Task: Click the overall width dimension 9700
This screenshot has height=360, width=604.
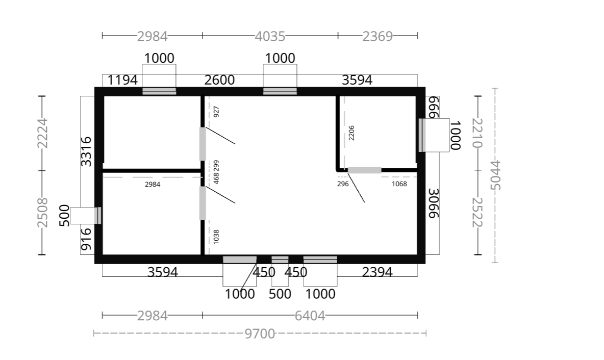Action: point(260,333)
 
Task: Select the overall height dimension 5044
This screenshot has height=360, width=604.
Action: point(495,175)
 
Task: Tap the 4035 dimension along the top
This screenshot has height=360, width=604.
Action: point(270,36)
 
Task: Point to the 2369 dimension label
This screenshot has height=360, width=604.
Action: point(377,36)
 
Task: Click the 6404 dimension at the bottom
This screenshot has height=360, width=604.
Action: point(310,316)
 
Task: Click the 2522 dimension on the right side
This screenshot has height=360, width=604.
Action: point(477,213)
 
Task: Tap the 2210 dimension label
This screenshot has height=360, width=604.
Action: point(477,133)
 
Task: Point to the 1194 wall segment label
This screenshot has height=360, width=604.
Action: point(122,80)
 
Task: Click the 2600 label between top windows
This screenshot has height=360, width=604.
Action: point(219,80)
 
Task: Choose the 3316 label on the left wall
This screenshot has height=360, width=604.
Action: point(86,151)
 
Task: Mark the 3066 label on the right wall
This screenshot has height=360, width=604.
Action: point(434,203)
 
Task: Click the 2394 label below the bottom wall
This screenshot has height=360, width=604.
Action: point(377,272)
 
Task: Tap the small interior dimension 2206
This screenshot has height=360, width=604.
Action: point(351,133)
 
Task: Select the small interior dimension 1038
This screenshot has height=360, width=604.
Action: point(216,237)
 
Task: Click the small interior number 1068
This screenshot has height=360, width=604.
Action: point(399,184)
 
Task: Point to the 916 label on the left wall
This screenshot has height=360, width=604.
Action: point(86,239)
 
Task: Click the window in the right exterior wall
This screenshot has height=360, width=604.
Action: point(422,135)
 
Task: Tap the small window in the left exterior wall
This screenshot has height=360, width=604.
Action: point(98,216)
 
